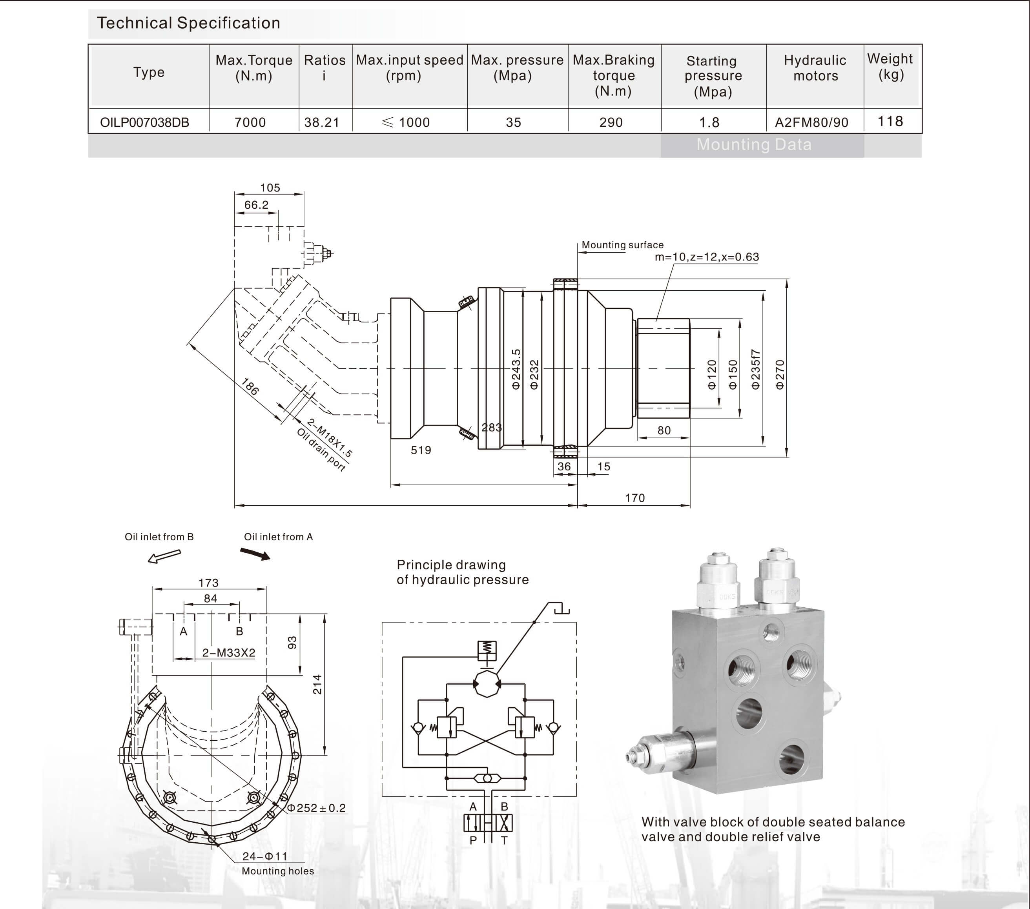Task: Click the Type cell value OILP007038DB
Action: tap(145, 122)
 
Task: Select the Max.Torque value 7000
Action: tap(250, 122)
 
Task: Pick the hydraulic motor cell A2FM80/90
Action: tap(811, 122)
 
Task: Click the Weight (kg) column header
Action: tap(890, 67)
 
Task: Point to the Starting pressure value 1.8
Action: tap(709, 122)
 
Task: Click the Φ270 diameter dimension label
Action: tap(780, 374)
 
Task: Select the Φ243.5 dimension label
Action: tap(516, 369)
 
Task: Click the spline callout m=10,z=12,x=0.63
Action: tap(707, 257)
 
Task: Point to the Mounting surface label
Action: tap(622, 245)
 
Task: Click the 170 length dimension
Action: tap(634, 498)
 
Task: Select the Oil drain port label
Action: tap(321, 450)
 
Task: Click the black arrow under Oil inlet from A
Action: tap(255, 554)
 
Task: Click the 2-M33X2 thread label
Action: tap(229, 652)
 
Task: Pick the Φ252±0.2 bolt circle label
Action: tap(317, 808)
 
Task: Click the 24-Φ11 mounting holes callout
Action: tap(264, 856)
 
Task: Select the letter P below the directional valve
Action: tap(473, 840)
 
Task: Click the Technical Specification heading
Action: tap(188, 23)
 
